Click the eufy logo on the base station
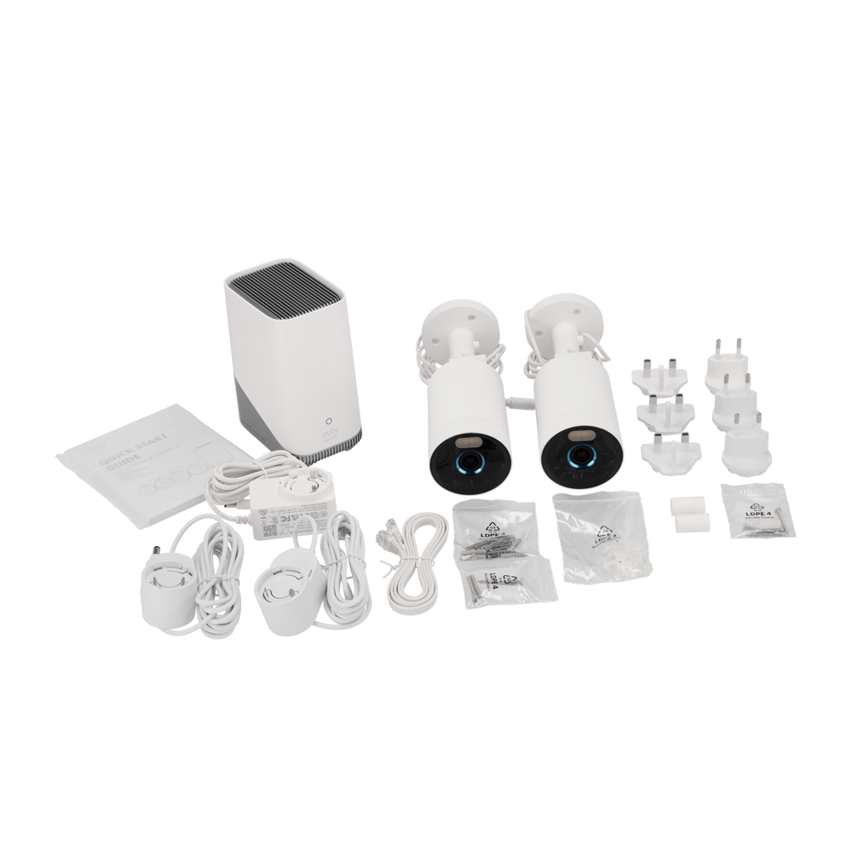pyautogui.click(x=326, y=436)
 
